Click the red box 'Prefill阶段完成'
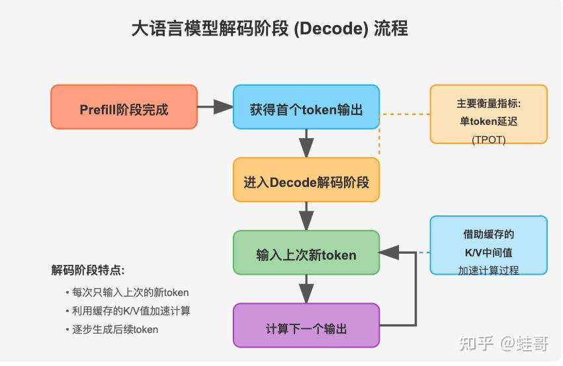pos(124,107)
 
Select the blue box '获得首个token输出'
pos(306,107)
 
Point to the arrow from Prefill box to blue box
pos(215,107)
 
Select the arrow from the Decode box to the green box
pos(306,216)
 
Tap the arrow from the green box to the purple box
pos(306,289)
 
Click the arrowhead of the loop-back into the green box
pos(389,252)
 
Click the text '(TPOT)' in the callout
pos(488,139)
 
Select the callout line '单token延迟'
pos(488,122)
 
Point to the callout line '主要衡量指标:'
pos(488,104)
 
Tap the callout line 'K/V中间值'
pos(488,252)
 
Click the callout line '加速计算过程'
pos(488,270)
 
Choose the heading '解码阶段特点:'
pos(88,270)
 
